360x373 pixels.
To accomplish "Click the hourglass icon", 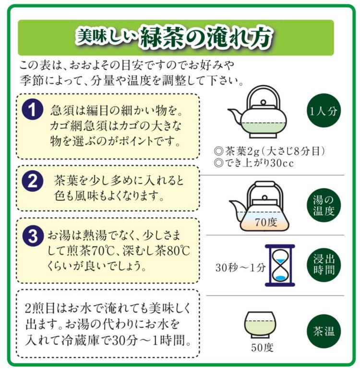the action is (x=280, y=265).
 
